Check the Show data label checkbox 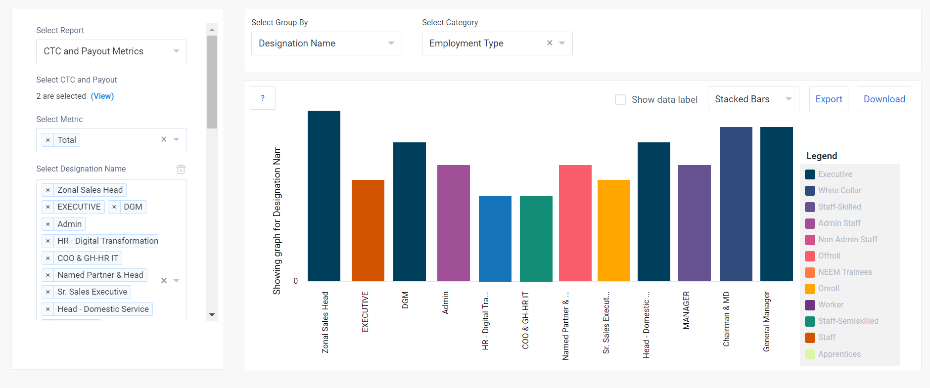(620, 99)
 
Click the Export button (829, 99)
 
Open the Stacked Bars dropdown (753, 99)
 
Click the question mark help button (263, 98)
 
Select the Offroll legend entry (829, 256)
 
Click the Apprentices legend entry (839, 354)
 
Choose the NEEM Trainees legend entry (845, 272)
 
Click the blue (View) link (102, 96)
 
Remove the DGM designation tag (114, 207)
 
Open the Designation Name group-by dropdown (326, 43)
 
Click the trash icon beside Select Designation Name (181, 169)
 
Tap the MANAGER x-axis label (686, 310)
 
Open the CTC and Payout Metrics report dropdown (111, 51)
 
